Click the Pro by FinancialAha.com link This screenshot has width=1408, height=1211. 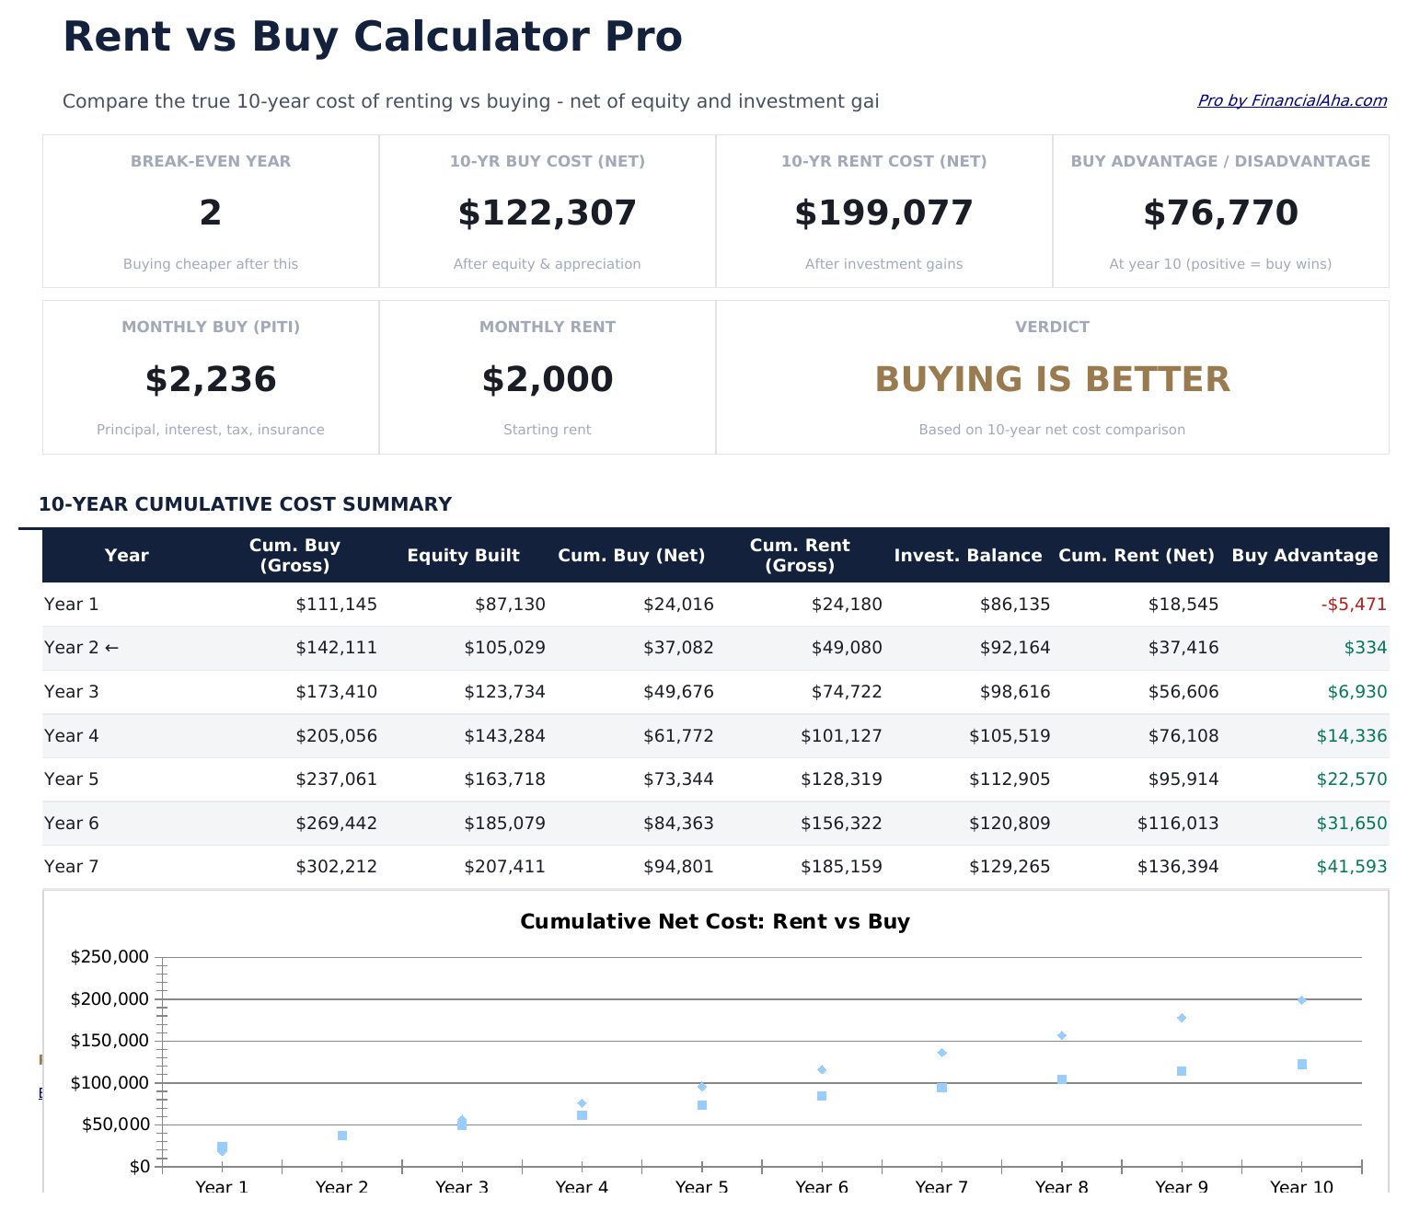tap(1291, 100)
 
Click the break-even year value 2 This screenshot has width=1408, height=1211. tap(211, 213)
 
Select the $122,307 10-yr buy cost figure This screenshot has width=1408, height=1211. tap(547, 213)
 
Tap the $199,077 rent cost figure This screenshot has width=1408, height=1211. tap(883, 213)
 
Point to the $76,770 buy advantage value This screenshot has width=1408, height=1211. tap(1220, 213)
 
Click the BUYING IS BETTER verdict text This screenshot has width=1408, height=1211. tap(1052, 380)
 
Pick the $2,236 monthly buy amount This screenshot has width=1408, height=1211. tap(211, 380)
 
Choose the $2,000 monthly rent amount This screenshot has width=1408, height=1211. tap(547, 380)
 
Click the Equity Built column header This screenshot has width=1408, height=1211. tap(463, 556)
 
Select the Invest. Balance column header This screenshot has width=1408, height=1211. tap(967, 556)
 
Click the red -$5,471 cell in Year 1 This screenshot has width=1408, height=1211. tap(1354, 605)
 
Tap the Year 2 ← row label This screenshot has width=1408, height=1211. tap(81, 648)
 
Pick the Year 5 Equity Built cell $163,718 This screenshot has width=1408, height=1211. tap(504, 779)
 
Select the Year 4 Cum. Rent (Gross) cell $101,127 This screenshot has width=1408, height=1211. tap(841, 736)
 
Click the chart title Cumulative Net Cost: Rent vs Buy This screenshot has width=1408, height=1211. tap(715, 922)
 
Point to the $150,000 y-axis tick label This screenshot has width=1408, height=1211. tap(110, 1041)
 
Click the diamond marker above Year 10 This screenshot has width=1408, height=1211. tap(1301, 1000)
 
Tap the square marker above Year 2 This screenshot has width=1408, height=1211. tap(342, 1136)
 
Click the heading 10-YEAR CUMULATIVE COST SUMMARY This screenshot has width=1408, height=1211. tap(245, 504)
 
